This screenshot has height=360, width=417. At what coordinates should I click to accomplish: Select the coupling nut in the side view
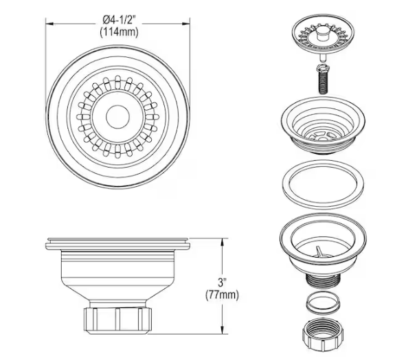tap(118, 319)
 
